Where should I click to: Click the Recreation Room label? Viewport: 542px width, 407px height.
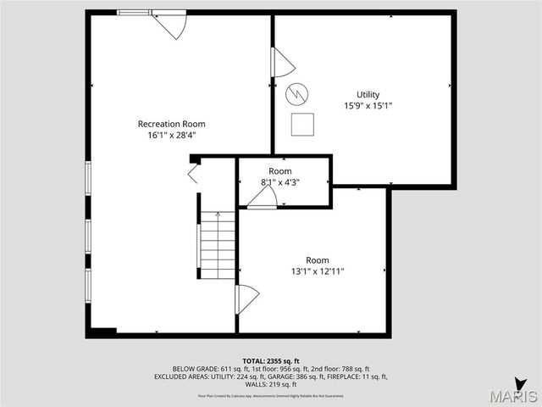coord(171,124)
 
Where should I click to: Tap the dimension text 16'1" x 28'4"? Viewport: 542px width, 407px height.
coord(171,135)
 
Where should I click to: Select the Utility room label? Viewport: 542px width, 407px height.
coord(368,95)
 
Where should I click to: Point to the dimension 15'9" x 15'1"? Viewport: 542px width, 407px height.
coord(368,106)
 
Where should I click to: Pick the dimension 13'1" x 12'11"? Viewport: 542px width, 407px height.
coord(318,271)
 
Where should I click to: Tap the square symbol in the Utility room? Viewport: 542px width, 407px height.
coord(302,124)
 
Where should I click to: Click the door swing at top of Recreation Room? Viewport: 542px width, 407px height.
coord(172,25)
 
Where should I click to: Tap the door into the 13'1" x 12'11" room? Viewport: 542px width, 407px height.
coord(246,298)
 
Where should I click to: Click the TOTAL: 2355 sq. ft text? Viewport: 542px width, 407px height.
coord(271,360)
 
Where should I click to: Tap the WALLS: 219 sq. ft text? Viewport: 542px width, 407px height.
coord(271,384)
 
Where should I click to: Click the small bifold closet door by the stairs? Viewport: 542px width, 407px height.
coord(193,175)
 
